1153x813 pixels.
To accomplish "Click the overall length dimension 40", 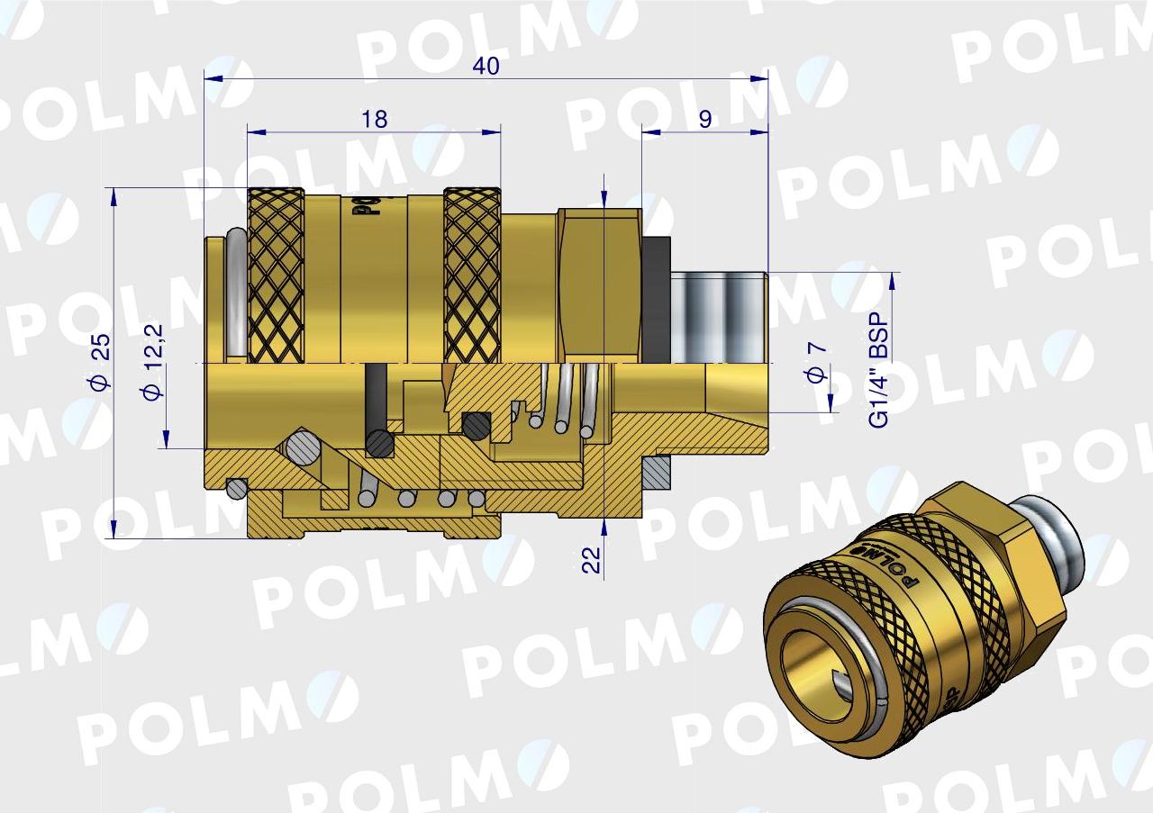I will (486, 67).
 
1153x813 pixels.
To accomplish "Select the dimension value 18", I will (375, 119).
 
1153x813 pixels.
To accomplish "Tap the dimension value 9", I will (704, 119).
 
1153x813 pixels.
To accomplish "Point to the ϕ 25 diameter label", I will (101, 361).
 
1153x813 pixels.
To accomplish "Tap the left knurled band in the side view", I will (276, 275).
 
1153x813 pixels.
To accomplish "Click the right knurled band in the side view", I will (472, 275).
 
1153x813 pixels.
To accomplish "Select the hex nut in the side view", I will (599, 284).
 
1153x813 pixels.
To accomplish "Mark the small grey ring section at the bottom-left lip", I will (237, 488).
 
